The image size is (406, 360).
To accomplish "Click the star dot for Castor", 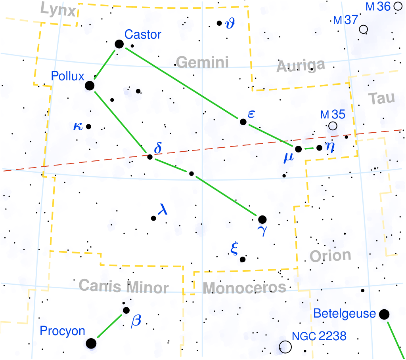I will point(119,44).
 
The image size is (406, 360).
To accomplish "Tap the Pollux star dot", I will point(90,85).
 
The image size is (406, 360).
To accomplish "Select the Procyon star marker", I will point(91,343).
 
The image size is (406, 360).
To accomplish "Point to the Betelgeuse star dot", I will point(384,314).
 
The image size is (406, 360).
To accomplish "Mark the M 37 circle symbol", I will point(363,29).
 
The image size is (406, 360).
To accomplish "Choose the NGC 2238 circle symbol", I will point(285,347).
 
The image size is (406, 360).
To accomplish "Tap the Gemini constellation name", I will point(202,63).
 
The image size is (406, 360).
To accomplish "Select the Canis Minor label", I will point(123,286).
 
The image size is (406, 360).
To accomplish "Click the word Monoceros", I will point(244,287).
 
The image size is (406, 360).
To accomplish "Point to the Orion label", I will point(330,256).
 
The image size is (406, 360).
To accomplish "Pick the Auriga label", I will point(301,65).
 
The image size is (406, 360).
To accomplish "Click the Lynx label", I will point(58,11).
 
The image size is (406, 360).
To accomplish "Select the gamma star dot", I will point(262,219).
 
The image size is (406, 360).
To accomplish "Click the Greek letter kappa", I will point(78,126).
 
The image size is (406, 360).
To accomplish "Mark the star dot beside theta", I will point(219,23).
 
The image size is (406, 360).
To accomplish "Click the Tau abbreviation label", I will point(381,98).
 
